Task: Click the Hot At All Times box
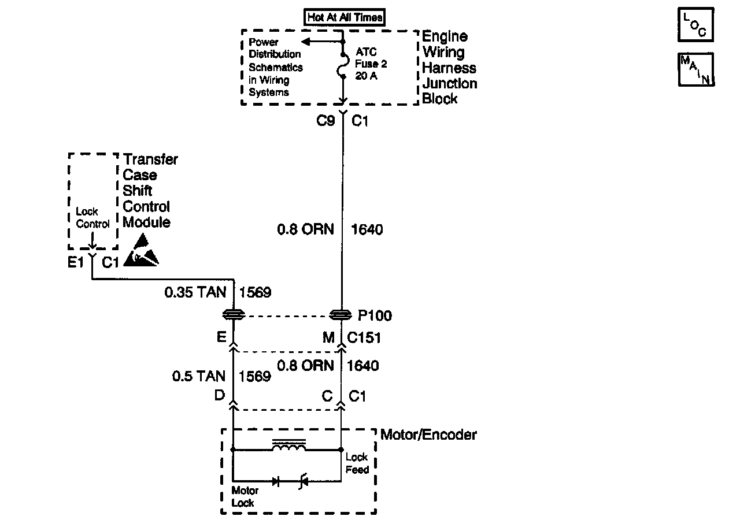345,17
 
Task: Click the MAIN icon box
695,69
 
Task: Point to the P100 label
375,315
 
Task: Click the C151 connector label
364,338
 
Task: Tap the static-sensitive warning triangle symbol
141,252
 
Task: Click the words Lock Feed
357,463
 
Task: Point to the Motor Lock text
245,496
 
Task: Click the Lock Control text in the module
92,218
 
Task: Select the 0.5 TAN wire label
198,377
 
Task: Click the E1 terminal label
76,263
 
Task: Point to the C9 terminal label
325,122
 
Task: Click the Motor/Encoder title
428,435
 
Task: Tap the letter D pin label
220,396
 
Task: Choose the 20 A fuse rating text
366,76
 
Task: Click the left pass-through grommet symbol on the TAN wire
233,315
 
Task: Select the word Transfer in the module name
150,159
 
